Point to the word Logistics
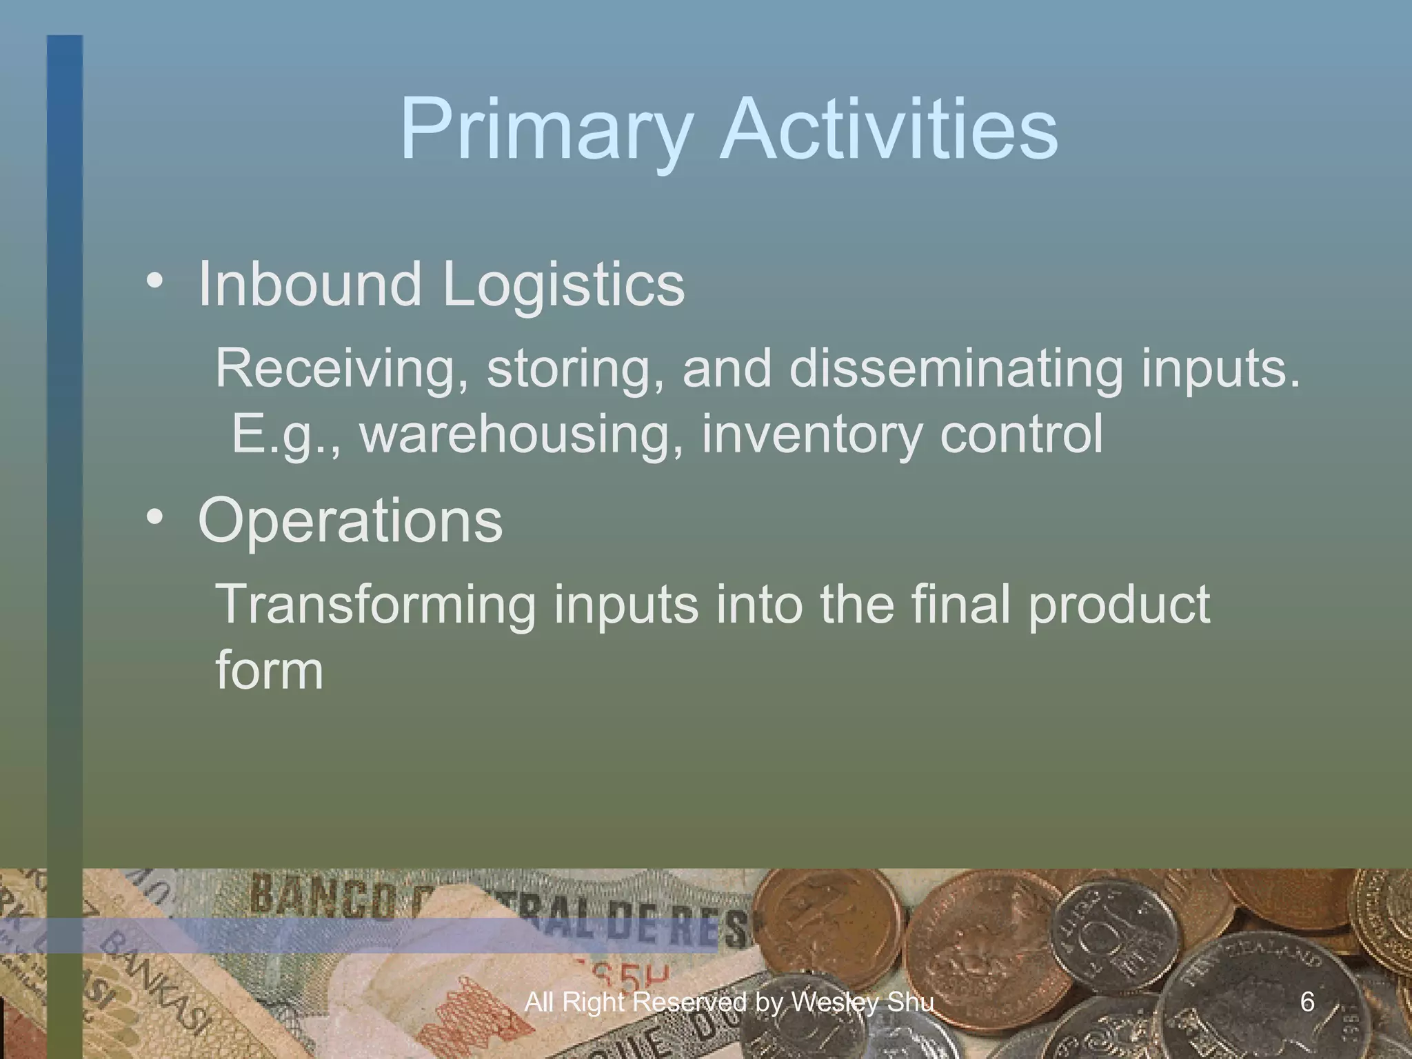[563, 285]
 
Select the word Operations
[350, 523]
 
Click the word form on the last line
[269, 670]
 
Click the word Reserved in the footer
[689, 1002]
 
